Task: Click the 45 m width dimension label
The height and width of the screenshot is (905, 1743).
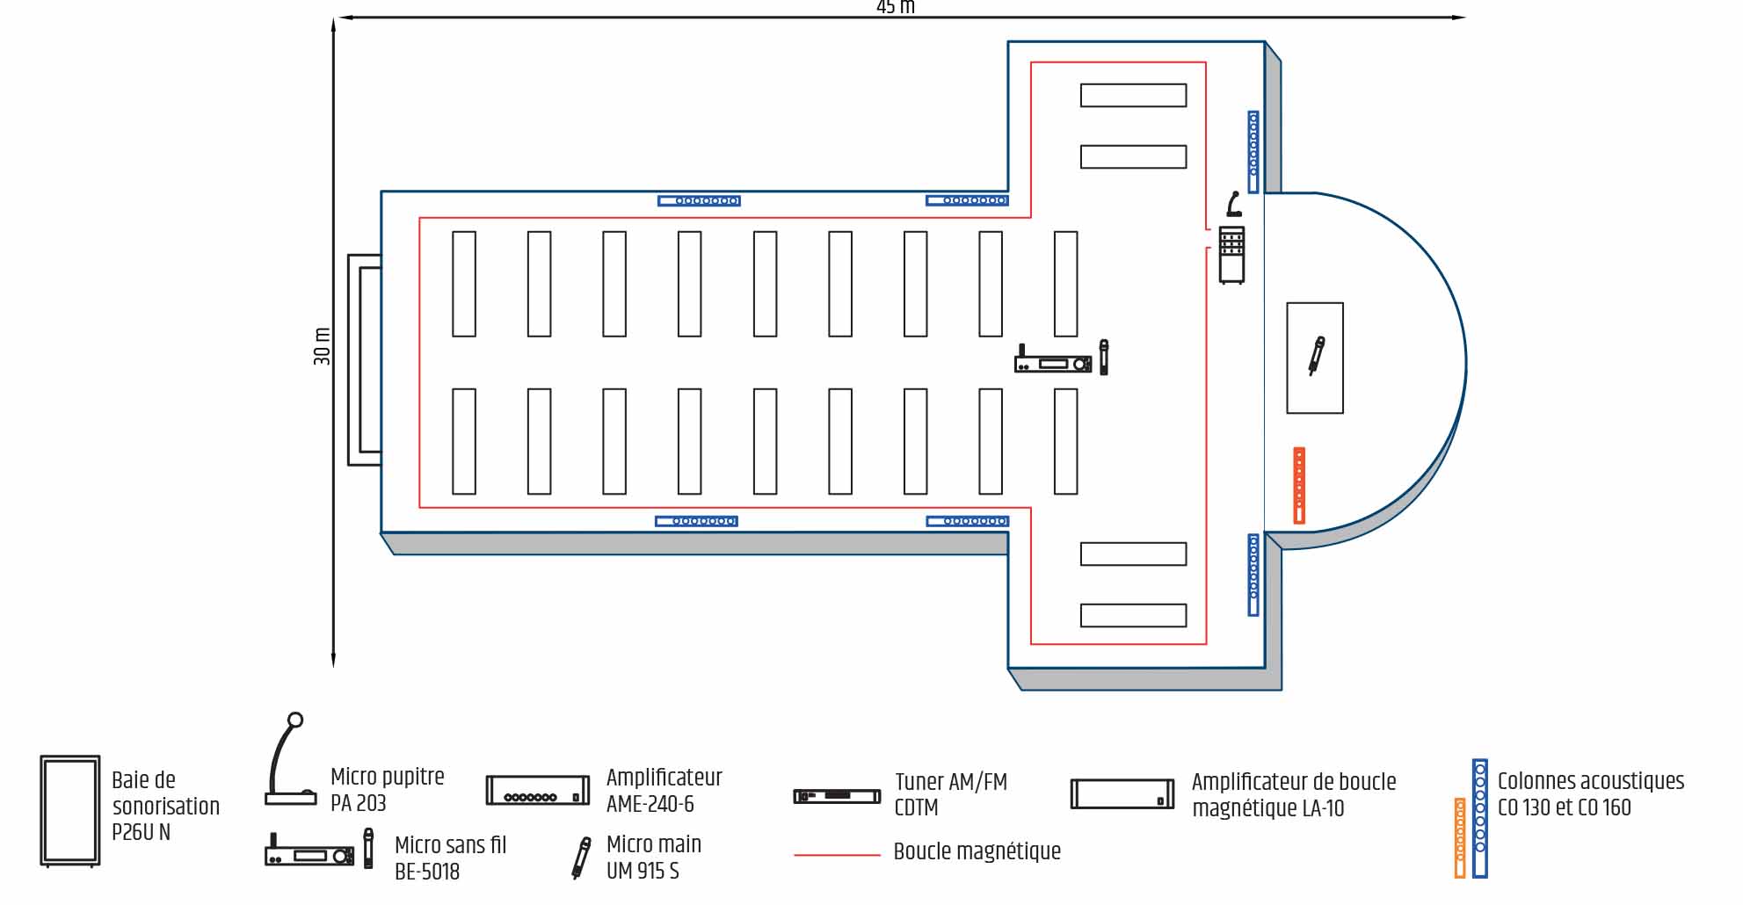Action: pos(896,7)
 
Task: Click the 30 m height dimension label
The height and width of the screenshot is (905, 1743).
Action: pos(323,346)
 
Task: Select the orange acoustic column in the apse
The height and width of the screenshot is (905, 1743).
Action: pos(1299,486)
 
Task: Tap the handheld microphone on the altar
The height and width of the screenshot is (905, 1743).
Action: pos(1316,356)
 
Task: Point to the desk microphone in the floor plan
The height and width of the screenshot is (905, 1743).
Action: pos(1234,204)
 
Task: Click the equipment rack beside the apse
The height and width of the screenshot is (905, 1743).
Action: pos(1232,255)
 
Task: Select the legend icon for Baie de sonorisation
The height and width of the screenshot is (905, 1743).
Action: pos(70,811)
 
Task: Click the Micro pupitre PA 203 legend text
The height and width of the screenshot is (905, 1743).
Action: pos(388,790)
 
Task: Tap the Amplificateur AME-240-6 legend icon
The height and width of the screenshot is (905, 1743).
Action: pos(538,790)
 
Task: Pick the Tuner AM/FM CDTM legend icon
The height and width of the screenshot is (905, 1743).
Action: pos(837,796)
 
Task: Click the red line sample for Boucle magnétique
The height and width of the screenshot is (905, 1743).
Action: pos(837,854)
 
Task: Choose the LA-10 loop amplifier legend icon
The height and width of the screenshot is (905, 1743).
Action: pos(1122,794)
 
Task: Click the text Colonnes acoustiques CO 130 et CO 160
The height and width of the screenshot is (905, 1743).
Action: pos(1591,794)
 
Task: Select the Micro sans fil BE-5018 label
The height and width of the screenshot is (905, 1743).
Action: pos(451,858)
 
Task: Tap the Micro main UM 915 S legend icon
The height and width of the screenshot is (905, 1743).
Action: pos(581,858)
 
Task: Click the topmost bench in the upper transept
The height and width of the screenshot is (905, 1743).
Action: pos(1133,95)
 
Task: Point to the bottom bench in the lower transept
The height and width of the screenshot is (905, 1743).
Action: pos(1133,615)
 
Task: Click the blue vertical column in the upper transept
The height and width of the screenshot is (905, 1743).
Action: pos(1253,152)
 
